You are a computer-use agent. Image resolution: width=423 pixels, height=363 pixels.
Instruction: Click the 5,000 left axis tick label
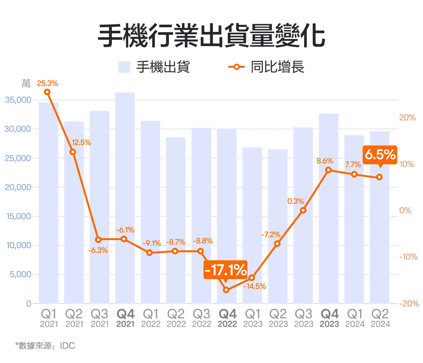[20, 274]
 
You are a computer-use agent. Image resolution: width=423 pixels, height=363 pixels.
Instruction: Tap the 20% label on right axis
[407, 118]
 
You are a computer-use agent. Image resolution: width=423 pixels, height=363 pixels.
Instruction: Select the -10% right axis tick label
[408, 257]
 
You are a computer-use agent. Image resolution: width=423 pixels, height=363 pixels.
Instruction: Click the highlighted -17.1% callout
[225, 270]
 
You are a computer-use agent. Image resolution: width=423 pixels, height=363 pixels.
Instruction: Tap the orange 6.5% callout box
[380, 155]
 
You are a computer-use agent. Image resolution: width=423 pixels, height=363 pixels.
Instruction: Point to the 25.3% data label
[48, 83]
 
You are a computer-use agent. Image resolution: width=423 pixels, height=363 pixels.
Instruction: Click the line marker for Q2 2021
[73, 152]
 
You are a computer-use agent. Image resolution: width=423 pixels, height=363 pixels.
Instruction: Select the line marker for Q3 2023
[303, 210]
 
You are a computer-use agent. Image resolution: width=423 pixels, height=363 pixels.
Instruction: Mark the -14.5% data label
[255, 286]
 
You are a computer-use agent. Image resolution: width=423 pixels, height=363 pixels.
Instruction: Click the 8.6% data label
[325, 161]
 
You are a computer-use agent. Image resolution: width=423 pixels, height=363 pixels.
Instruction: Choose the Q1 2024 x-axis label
[354, 318]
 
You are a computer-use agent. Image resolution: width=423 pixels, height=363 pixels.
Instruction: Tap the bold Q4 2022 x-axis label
[227, 318]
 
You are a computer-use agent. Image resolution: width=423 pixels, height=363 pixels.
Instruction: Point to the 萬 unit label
[26, 84]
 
